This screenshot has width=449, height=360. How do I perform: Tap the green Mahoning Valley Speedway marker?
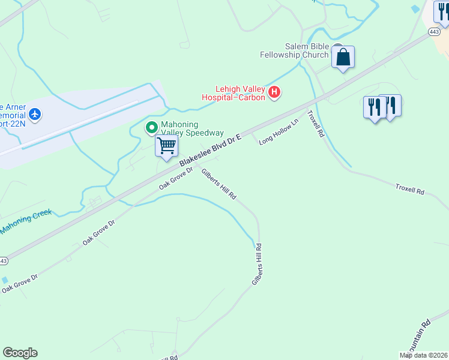pyautogui.click(x=151, y=127)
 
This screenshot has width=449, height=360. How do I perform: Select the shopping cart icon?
pyautogui.click(x=166, y=145)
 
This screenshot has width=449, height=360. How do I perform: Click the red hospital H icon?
pyautogui.click(x=274, y=92)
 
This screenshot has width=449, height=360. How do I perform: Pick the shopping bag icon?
pyautogui.click(x=343, y=57)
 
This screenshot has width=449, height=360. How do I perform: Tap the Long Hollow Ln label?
pyautogui.click(x=279, y=132)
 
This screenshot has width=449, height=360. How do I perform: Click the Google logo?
pyautogui.click(x=20, y=353)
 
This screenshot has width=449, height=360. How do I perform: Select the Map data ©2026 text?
pyautogui.click(x=424, y=355)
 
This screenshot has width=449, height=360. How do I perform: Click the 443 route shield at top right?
pyautogui.click(x=436, y=31)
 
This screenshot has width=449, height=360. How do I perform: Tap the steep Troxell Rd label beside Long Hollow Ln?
pyautogui.click(x=316, y=124)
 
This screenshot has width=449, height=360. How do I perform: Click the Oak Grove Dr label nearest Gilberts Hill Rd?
pyautogui.click(x=176, y=178)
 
